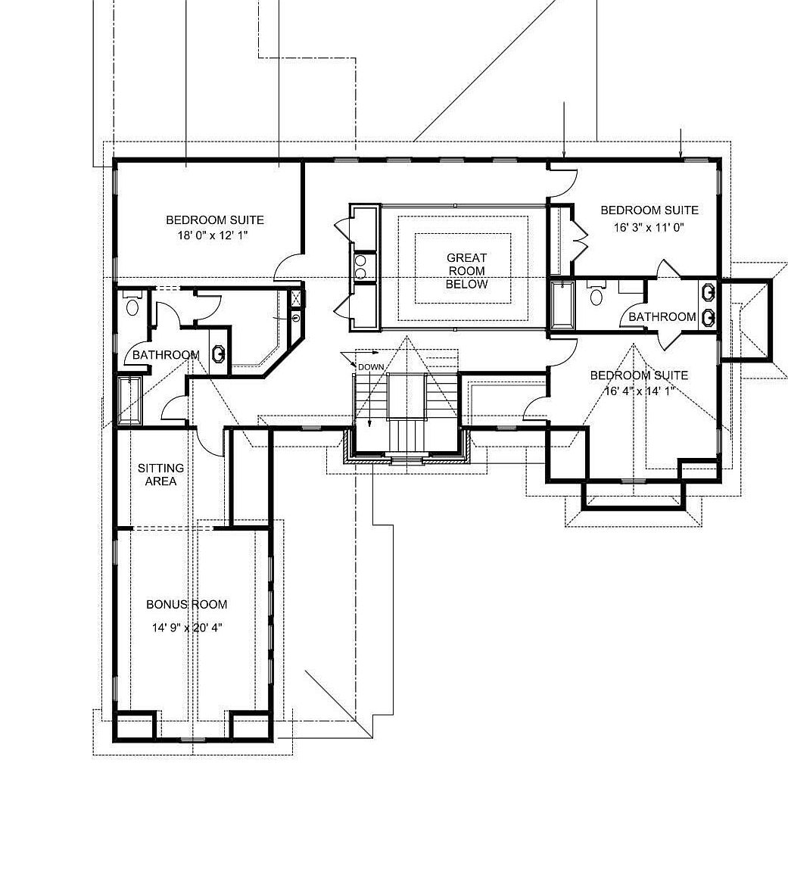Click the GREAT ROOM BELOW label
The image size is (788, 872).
[x=466, y=271]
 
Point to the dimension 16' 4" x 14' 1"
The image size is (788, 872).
[x=638, y=391]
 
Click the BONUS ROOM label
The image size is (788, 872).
[x=186, y=604]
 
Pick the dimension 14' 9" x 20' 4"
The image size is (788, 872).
[x=186, y=628]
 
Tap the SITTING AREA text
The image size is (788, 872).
[x=160, y=475]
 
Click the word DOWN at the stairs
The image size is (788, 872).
[x=371, y=366]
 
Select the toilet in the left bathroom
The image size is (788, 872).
[x=133, y=304]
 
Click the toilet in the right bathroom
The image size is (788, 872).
[x=596, y=294]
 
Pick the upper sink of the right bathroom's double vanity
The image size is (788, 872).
[x=709, y=292]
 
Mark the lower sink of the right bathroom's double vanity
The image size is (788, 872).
[x=709, y=317]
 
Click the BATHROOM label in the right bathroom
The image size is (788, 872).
[x=662, y=316]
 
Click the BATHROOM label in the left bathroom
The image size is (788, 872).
[x=165, y=354]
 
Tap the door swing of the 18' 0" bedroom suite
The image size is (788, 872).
[x=288, y=266]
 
